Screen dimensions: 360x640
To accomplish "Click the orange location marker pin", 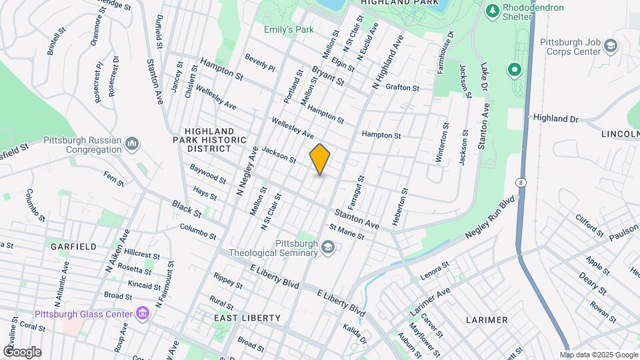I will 320,159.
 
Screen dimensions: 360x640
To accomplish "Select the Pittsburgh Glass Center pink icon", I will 141,313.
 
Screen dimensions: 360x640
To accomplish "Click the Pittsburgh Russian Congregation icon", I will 132,144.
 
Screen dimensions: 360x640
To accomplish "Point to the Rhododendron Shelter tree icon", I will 493,11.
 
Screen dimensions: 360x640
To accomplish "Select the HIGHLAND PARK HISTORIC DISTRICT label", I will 209,139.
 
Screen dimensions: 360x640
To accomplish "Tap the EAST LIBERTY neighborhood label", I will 247,318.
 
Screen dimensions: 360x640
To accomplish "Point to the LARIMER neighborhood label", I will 487,320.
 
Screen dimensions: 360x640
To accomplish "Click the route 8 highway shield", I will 521,182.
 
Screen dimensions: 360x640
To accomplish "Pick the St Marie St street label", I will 347,232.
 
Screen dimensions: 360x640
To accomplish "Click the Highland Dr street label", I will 555,118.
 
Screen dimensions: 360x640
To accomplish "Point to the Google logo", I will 22,351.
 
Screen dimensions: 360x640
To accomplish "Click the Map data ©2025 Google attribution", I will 599,355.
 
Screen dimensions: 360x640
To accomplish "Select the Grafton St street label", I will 402,87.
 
